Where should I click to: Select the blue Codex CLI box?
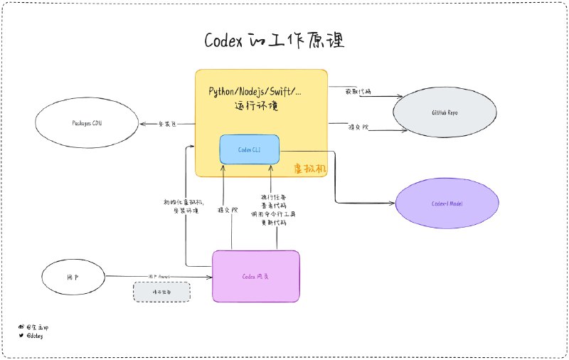249,149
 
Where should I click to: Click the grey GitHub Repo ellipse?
445,113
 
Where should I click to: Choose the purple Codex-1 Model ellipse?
447,203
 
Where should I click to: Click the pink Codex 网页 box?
256,276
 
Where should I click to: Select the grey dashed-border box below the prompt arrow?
162,292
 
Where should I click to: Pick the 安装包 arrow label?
167,124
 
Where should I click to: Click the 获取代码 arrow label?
359,91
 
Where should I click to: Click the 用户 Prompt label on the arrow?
158,275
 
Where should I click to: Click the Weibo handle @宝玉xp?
38,327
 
